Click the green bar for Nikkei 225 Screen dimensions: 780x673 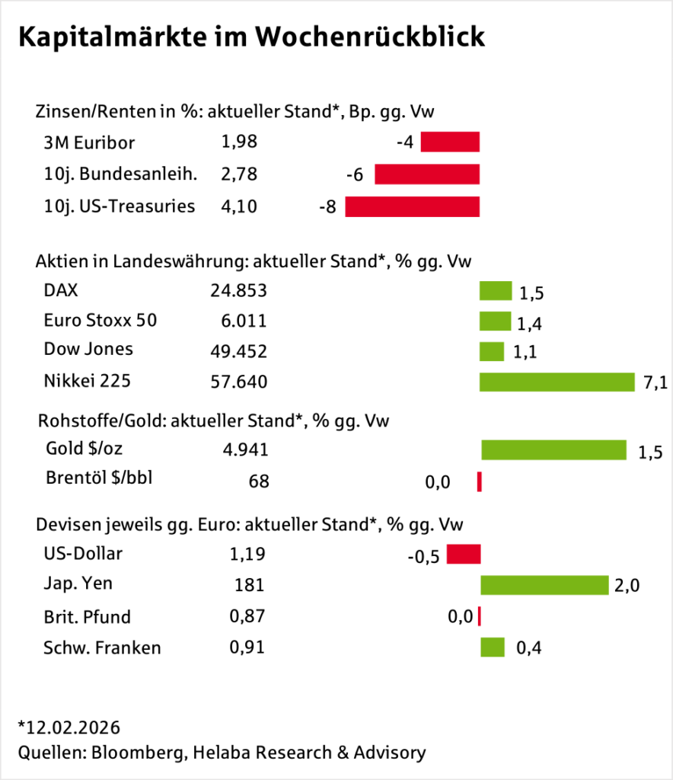pyautogui.click(x=557, y=382)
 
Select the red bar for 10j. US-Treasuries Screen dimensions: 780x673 pyautogui.click(x=412, y=206)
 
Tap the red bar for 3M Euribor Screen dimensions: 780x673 pyautogui.click(x=450, y=142)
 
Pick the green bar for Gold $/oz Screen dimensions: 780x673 pyautogui.click(x=553, y=450)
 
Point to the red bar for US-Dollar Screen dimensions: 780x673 pyautogui.click(x=464, y=554)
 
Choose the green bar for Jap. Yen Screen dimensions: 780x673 pyautogui.click(x=544, y=585)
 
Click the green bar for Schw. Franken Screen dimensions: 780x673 pyautogui.click(x=493, y=647)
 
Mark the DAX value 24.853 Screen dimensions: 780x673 pyautogui.click(x=238, y=290)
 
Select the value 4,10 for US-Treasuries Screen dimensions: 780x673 pyautogui.click(x=239, y=206)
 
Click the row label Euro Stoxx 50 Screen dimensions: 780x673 pyautogui.click(x=100, y=320)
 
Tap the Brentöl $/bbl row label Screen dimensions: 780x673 pyautogui.click(x=104, y=478)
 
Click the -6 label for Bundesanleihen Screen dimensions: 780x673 pyautogui.click(x=354, y=175)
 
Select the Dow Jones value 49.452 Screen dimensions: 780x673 pyautogui.click(x=238, y=350)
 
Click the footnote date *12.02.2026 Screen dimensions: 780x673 pyautogui.click(x=69, y=726)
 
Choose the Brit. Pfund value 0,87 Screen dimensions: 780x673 pyautogui.click(x=247, y=616)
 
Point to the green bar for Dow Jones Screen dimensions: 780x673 pyautogui.click(x=491, y=351)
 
